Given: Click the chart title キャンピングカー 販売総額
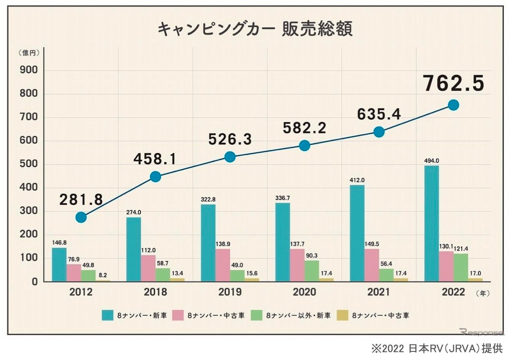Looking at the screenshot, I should point(255,30).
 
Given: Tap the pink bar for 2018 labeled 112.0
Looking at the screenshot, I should point(148,268).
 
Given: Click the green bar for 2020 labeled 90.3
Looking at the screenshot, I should point(312,271).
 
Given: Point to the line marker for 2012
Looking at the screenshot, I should point(81,217).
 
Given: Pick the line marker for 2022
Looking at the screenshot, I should point(453,105).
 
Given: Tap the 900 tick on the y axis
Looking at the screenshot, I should point(29,71).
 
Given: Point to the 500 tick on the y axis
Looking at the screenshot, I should point(29,165).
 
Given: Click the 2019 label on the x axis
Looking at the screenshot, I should point(230,292).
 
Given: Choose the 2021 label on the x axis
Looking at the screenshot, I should point(379,292).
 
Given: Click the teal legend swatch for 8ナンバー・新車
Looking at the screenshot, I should point(108,316).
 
